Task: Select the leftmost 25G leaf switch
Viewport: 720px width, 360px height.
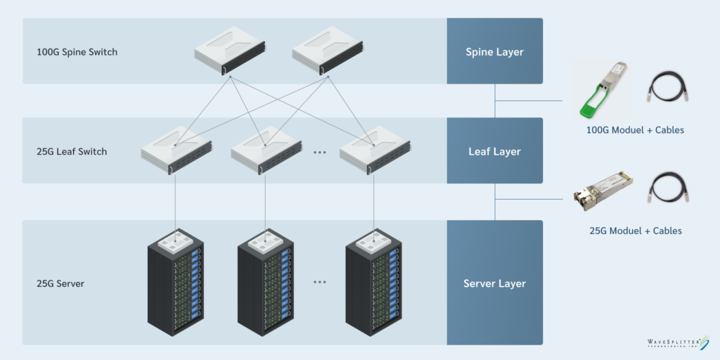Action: pyautogui.click(x=176, y=149)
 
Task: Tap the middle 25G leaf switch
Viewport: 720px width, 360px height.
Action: pyautogui.click(x=265, y=149)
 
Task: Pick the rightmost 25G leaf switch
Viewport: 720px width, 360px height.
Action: pyautogui.click(x=373, y=149)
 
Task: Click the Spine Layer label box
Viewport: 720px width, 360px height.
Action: pyautogui.click(x=494, y=51)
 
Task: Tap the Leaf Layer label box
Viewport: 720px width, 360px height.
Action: pyautogui.click(x=494, y=150)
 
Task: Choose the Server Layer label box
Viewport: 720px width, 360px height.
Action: pyautogui.click(x=494, y=283)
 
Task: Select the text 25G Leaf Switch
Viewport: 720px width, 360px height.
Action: pyautogui.click(x=72, y=151)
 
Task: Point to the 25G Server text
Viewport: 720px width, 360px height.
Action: pyautogui.click(x=60, y=283)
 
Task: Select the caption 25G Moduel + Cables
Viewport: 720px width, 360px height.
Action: pyautogui.click(x=635, y=231)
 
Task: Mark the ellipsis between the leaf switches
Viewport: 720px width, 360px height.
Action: pyautogui.click(x=320, y=152)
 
